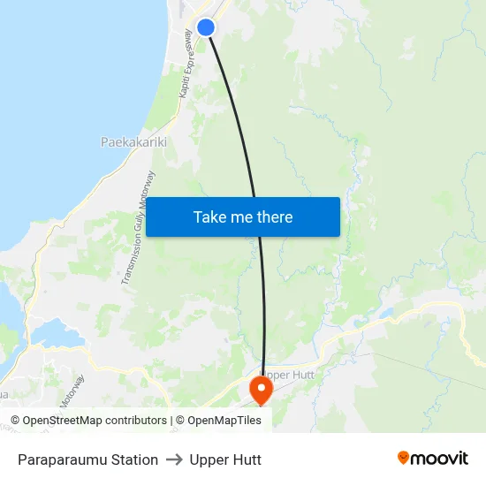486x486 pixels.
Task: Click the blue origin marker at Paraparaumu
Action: click(206, 27)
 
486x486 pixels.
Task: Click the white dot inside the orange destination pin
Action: click(262, 386)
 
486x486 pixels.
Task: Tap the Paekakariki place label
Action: click(133, 141)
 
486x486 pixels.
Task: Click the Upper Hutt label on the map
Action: click(289, 375)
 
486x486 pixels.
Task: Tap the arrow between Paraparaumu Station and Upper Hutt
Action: click(173, 459)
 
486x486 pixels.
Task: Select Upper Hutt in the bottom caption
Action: click(225, 459)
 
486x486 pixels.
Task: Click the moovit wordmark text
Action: click(439, 458)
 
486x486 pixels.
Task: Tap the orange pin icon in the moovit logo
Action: click(404, 458)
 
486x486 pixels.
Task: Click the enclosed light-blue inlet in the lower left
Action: click(53, 334)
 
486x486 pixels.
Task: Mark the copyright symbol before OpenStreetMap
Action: click(15, 421)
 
